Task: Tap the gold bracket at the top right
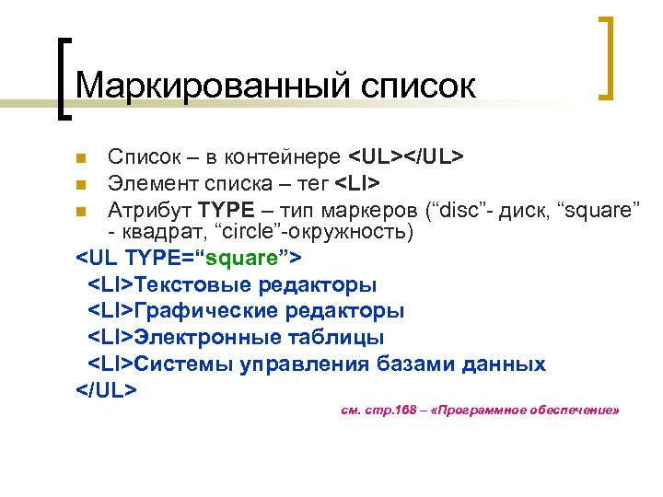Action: click(x=605, y=57)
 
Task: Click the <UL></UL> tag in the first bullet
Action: click(x=404, y=155)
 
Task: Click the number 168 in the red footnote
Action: click(x=407, y=410)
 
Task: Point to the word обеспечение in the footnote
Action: click(x=570, y=410)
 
